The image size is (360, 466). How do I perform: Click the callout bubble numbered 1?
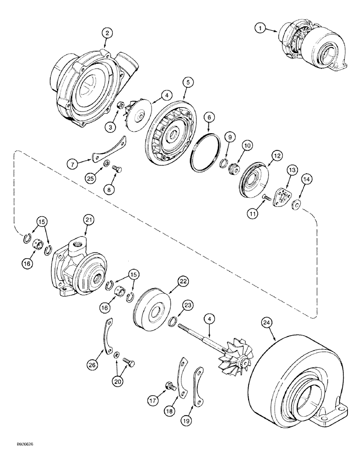pyautogui.click(x=260, y=28)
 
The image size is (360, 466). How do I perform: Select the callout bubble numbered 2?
pyautogui.click(x=107, y=33)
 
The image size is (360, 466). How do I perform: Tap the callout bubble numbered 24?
pyautogui.click(x=267, y=322)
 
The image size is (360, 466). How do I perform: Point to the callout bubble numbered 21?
pyautogui.click(x=87, y=218)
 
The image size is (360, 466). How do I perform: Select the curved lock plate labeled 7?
pyautogui.click(x=109, y=152)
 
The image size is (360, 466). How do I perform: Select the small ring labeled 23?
pyautogui.click(x=172, y=321)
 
